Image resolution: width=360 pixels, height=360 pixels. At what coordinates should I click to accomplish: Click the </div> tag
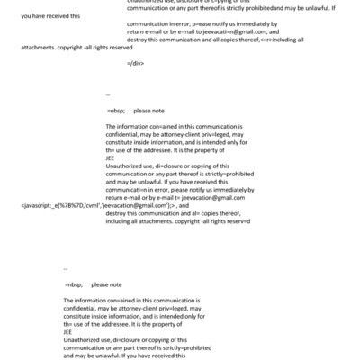[x=135, y=64]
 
